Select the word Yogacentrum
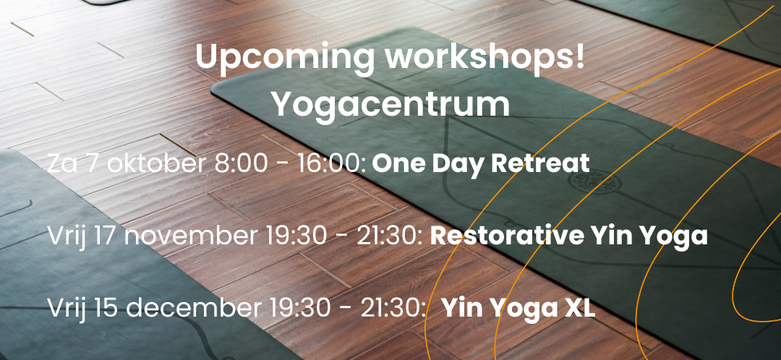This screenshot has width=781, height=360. (390, 105)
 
